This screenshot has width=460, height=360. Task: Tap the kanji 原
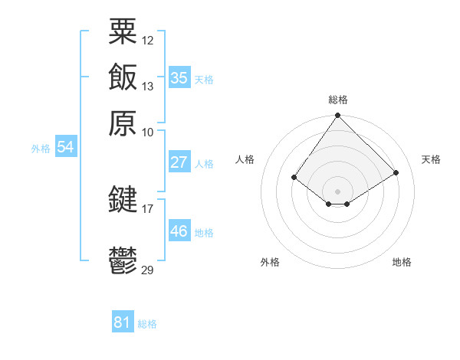point(123,123)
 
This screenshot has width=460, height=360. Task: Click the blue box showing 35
point(179,77)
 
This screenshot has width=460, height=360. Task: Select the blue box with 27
point(179,162)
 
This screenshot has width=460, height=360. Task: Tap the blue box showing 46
point(179,231)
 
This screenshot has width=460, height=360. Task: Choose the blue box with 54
point(65,148)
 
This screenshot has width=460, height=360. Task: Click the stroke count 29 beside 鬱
point(148,270)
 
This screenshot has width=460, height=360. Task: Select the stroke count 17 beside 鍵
point(148,208)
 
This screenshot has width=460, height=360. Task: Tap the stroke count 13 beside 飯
point(148,87)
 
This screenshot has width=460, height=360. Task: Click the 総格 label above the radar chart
point(338,100)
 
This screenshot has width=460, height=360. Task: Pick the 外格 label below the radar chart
point(270,262)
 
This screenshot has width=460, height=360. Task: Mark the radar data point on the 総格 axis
point(338,116)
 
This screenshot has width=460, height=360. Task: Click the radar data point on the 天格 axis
point(396,173)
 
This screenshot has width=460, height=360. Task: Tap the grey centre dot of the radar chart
point(338,191)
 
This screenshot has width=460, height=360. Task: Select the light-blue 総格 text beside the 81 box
point(147,324)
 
